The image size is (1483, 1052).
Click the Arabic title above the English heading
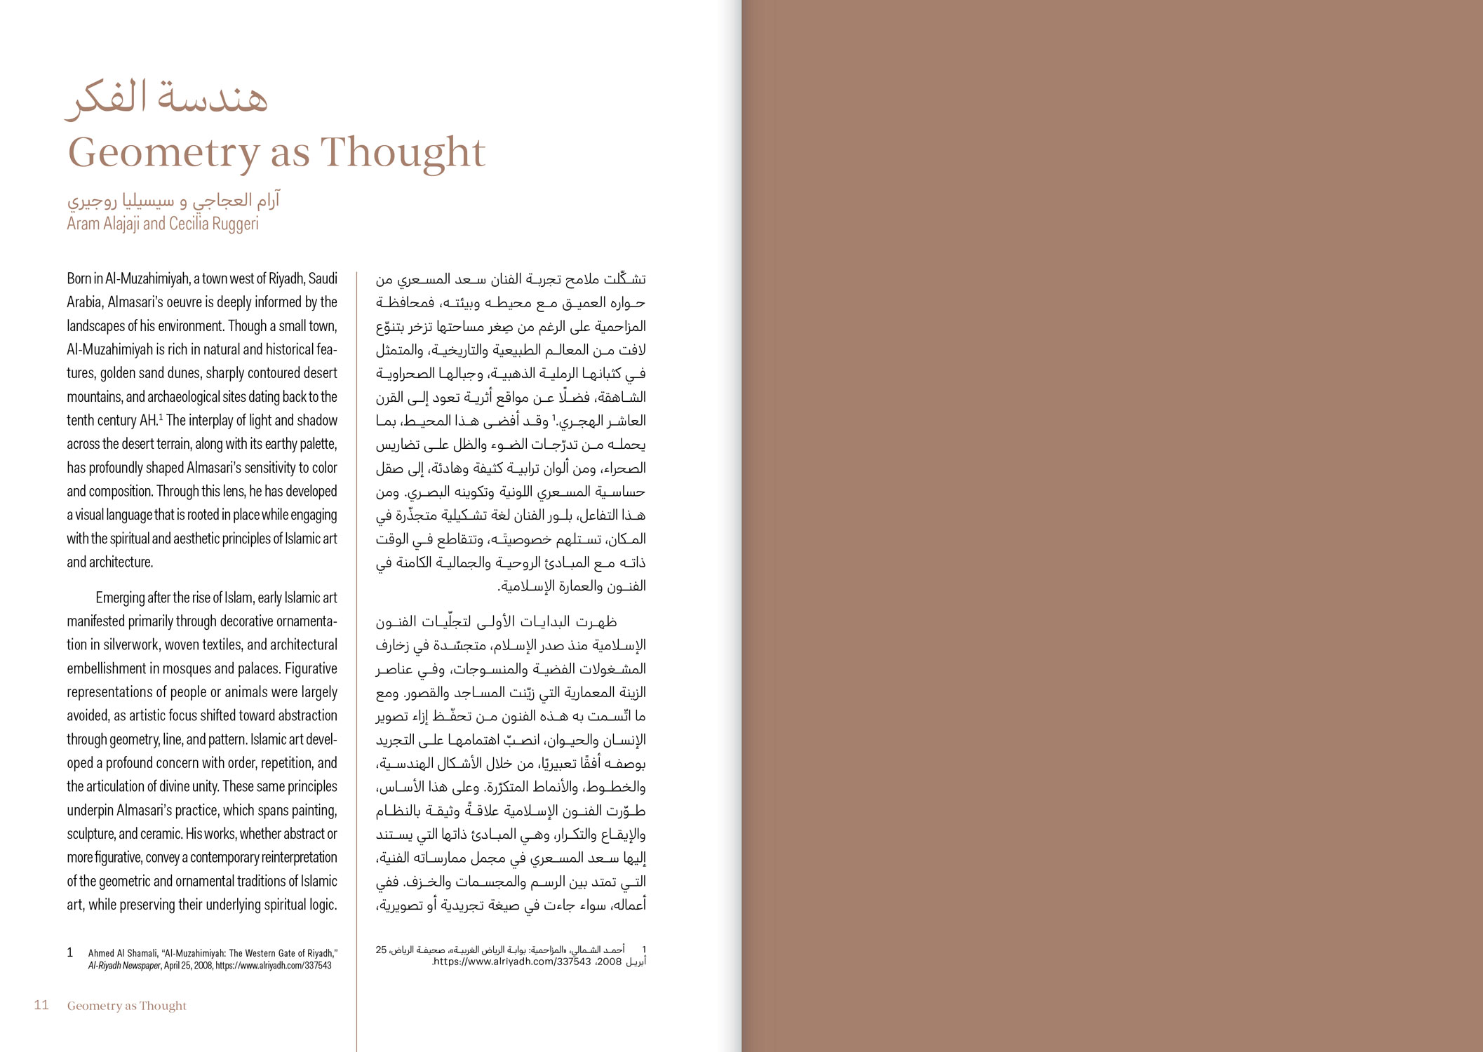point(167,98)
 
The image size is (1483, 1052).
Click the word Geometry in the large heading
point(163,153)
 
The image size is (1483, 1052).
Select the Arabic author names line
point(173,201)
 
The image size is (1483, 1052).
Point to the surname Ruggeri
point(236,224)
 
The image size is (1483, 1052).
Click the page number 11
point(41,1005)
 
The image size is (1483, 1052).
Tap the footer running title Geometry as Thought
point(126,1006)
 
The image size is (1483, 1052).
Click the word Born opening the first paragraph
point(79,278)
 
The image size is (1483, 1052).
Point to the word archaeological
point(184,397)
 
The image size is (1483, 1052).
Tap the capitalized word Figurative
point(311,668)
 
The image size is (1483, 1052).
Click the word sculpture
point(90,834)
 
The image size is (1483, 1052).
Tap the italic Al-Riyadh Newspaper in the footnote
point(125,966)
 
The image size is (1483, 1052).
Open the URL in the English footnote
point(274,966)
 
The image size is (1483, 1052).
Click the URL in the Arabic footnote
point(511,962)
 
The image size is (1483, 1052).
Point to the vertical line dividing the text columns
point(356,631)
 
